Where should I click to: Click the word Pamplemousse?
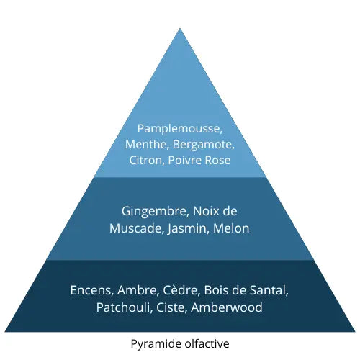pos(179,129)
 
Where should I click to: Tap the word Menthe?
pos(145,145)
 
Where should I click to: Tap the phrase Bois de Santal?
pos(245,291)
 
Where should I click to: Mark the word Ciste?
pos(171,307)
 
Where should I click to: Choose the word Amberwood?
pos(228,307)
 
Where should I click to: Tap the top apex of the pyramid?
pos(180,28)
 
